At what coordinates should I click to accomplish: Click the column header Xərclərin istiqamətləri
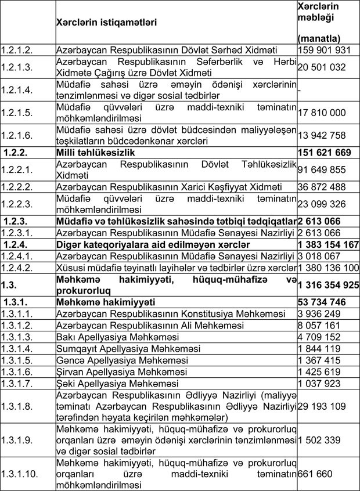tap(106, 23)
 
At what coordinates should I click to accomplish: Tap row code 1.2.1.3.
tap(18, 67)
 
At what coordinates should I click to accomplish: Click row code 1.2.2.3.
tap(18, 204)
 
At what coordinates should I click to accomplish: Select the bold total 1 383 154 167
tap(327, 244)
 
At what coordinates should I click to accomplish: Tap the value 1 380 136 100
tap(327, 267)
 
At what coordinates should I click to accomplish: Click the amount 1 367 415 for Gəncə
tap(319, 360)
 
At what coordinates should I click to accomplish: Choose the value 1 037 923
tap(319, 384)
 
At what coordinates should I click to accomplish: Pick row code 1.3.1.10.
tap(20, 474)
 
